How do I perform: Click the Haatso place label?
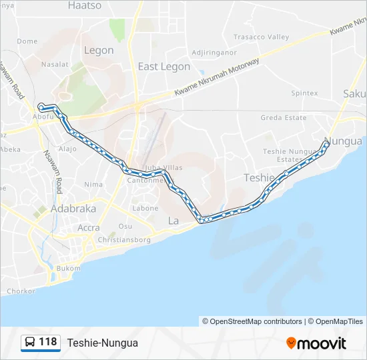pyautogui.click(x=85, y=5)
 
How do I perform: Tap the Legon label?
pyautogui.click(x=99, y=50)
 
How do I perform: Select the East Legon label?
pyautogui.click(x=163, y=67)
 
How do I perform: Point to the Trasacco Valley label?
pyautogui.click(x=261, y=37)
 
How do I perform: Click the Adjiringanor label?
pyautogui.click(x=214, y=52)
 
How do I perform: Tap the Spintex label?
pyautogui.click(x=304, y=93)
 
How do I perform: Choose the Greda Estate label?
pyautogui.click(x=284, y=118)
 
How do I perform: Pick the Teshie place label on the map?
pyautogui.click(x=259, y=177)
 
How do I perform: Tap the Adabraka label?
pyautogui.click(x=74, y=209)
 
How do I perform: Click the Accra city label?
pyautogui.click(x=89, y=227)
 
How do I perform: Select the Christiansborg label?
pyautogui.click(x=124, y=240)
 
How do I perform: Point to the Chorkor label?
pyautogui.click(x=21, y=291)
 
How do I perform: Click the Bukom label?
pyautogui.click(x=68, y=268)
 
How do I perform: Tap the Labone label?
pyautogui.click(x=145, y=209)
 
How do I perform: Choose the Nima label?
pyautogui.click(x=93, y=184)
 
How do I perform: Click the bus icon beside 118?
pyautogui.click(x=30, y=343)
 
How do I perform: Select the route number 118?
pyautogui.click(x=48, y=343)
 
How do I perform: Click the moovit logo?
pyautogui.click(x=316, y=343)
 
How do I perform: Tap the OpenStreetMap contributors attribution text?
pyautogui.click(x=252, y=321)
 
